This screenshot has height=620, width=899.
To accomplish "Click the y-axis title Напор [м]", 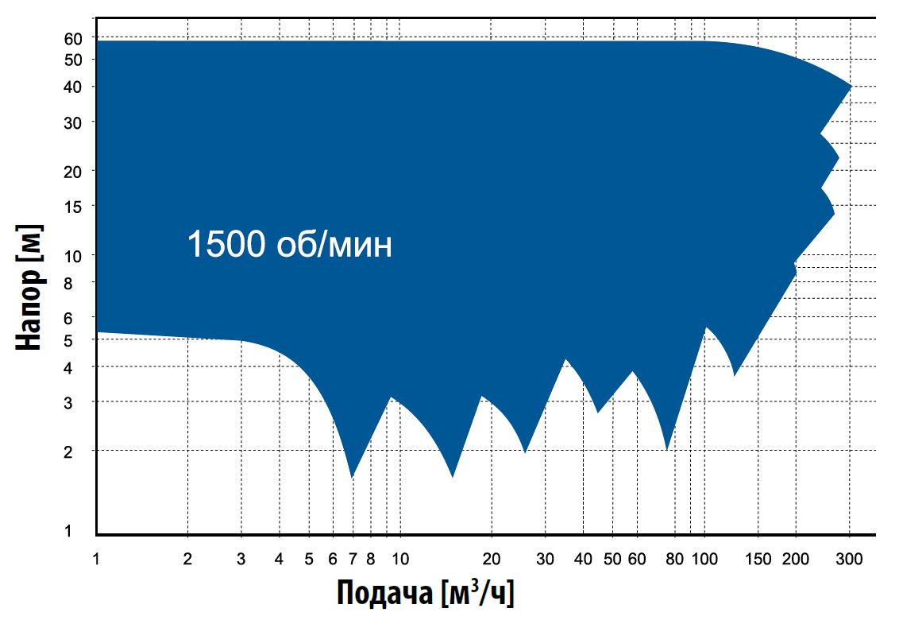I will (29, 289).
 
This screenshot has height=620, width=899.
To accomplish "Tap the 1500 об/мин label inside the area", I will (289, 245).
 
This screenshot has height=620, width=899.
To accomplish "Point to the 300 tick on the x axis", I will (849, 559).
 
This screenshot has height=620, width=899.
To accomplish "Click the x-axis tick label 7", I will (353, 559).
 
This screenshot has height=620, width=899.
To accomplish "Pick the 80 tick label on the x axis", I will (675, 559).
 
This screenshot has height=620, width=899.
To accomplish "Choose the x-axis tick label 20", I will (492, 559).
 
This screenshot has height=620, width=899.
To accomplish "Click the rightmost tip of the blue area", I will (851, 86).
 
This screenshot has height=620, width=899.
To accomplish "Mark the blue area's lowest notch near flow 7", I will (352, 477).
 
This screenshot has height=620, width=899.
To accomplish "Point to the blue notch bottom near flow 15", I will (453, 477).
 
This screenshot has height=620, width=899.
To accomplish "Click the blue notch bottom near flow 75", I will (667, 450).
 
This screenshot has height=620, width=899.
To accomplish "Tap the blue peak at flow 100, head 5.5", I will (705, 327).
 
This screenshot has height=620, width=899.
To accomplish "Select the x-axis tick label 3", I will (241, 559).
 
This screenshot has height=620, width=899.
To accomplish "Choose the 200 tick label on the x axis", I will (796, 559).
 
